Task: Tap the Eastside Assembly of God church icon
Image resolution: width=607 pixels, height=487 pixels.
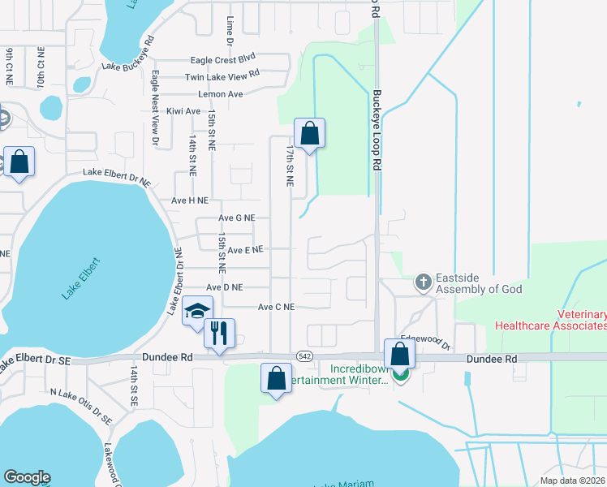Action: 422,282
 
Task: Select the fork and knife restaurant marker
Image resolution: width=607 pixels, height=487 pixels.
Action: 219,332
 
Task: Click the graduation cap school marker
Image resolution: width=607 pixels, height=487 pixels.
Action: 197,311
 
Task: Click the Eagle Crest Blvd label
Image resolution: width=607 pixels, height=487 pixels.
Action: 222,59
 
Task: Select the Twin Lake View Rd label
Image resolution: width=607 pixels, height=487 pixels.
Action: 222,76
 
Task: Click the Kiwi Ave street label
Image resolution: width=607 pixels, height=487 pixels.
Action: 183,111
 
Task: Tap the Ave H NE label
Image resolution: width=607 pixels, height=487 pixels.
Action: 189,200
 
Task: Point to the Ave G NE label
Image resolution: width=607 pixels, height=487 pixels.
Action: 237,218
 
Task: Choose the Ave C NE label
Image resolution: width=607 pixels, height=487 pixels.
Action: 276,308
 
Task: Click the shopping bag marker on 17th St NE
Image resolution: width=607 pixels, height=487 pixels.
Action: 309,133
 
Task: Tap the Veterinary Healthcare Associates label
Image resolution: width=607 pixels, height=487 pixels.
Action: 549,320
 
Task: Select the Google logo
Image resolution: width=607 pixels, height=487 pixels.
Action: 27,477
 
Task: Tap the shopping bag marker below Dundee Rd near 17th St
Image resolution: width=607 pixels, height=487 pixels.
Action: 276,377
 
